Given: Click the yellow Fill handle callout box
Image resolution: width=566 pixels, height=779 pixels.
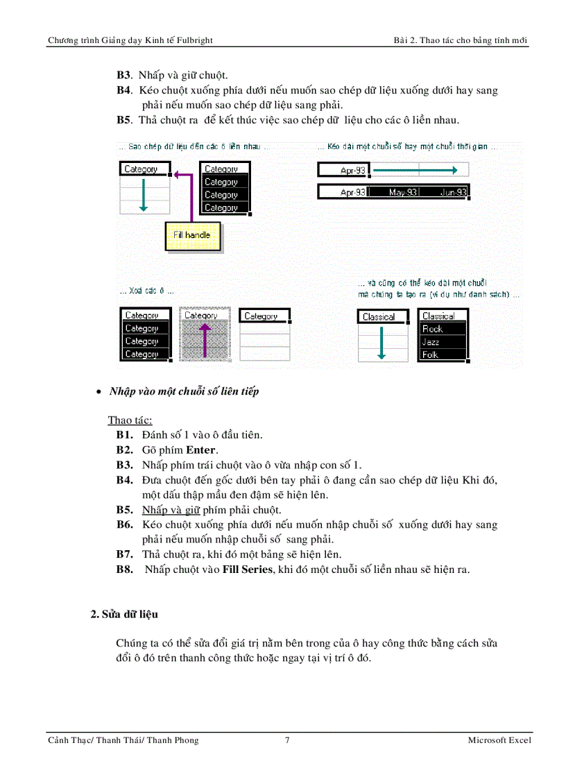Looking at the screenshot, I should coord(192,236).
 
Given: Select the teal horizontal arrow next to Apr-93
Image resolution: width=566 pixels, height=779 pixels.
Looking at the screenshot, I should coord(415,169).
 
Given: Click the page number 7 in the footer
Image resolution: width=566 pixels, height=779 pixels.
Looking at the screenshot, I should coord(287,740).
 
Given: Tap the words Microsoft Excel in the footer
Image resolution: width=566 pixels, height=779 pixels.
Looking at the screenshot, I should coord(499,740).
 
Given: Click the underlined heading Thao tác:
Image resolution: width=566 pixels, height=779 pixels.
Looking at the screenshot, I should coord(130,420).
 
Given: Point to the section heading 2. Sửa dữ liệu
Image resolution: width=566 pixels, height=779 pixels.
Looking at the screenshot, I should coord(125,615).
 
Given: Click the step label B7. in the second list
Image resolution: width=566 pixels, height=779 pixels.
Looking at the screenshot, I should coord(125,554).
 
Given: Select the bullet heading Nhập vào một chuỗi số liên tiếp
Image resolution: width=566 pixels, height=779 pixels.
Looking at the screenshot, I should coord(184,391).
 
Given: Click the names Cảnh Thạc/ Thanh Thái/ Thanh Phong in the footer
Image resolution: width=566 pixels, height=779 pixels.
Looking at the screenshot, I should coord(123,740).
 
